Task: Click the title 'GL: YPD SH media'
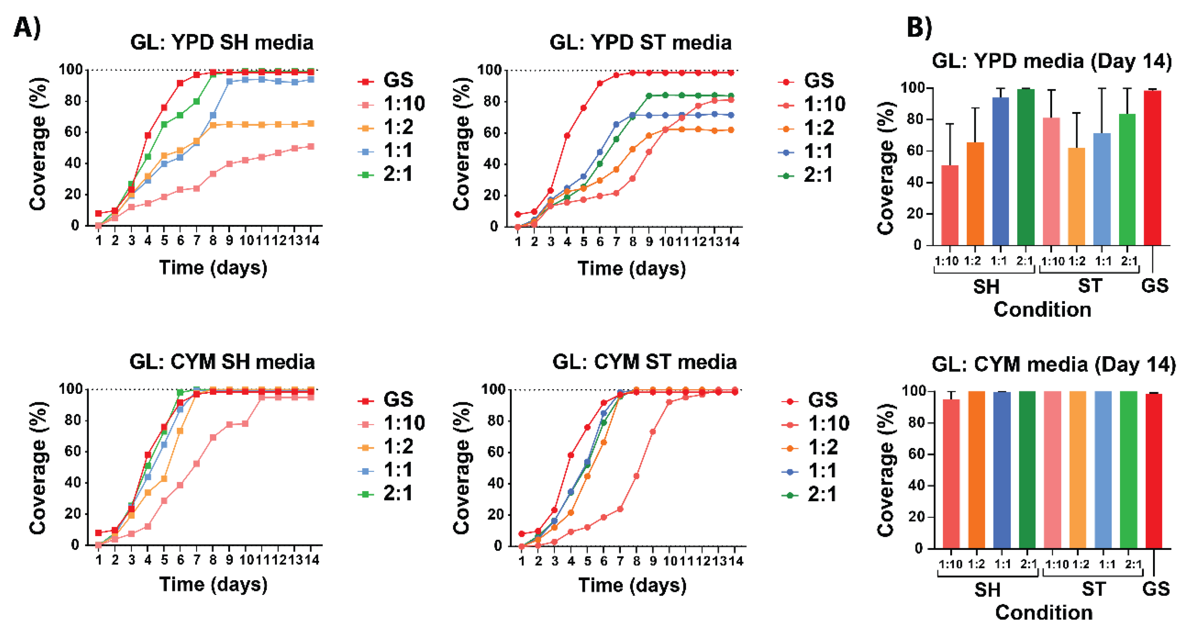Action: pyautogui.click(x=222, y=42)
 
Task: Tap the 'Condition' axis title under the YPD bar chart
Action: pyautogui.click(x=1042, y=309)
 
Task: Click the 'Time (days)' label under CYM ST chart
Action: pyautogui.click(x=632, y=585)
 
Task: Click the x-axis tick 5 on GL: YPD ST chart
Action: pyautogui.click(x=584, y=241)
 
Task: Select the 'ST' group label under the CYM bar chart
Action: pyautogui.click(x=1093, y=589)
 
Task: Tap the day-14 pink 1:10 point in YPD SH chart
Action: pyautogui.click(x=311, y=146)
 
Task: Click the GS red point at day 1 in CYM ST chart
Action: pyautogui.click(x=522, y=534)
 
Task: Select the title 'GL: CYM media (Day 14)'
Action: pyautogui.click(x=1053, y=364)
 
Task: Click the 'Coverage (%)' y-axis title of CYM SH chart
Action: pyautogui.click(x=38, y=468)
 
